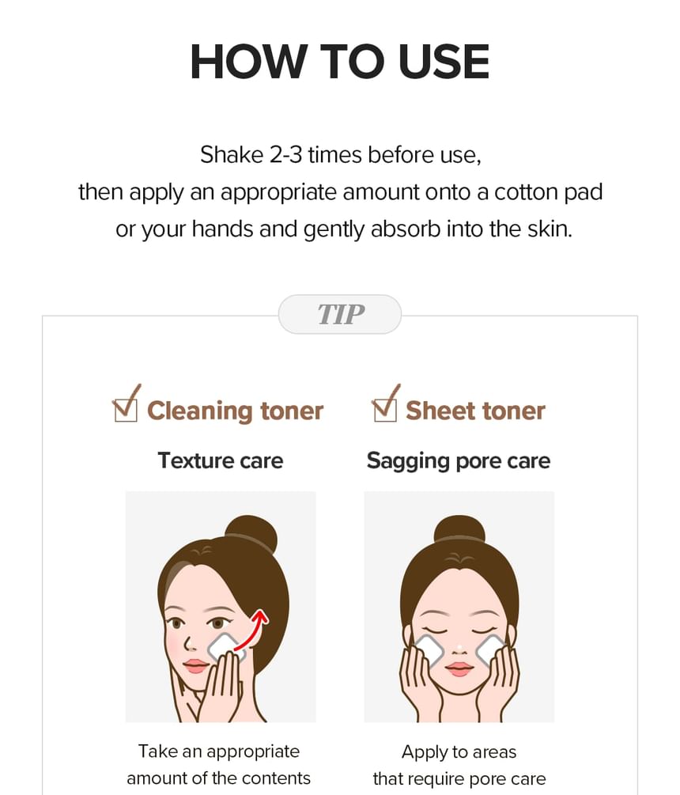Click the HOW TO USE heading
pyautogui.click(x=339, y=62)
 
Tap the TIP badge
pyautogui.click(x=340, y=314)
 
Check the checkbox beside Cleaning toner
pyautogui.click(x=125, y=409)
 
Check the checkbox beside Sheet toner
pyautogui.click(x=385, y=409)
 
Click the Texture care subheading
pyautogui.click(x=221, y=461)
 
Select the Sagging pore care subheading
pyautogui.click(x=459, y=461)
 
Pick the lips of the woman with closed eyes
pyautogui.click(x=459, y=669)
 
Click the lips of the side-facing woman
pyautogui.click(x=195, y=665)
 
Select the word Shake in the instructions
pyautogui.click(x=232, y=154)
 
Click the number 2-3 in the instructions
pyautogui.click(x=285, y=154)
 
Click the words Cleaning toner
pyautogui.click(x=235, y=411)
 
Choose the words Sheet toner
pyautogui.click(x=475, y=411)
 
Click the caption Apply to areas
pyautogui.click(x=459, y=752)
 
